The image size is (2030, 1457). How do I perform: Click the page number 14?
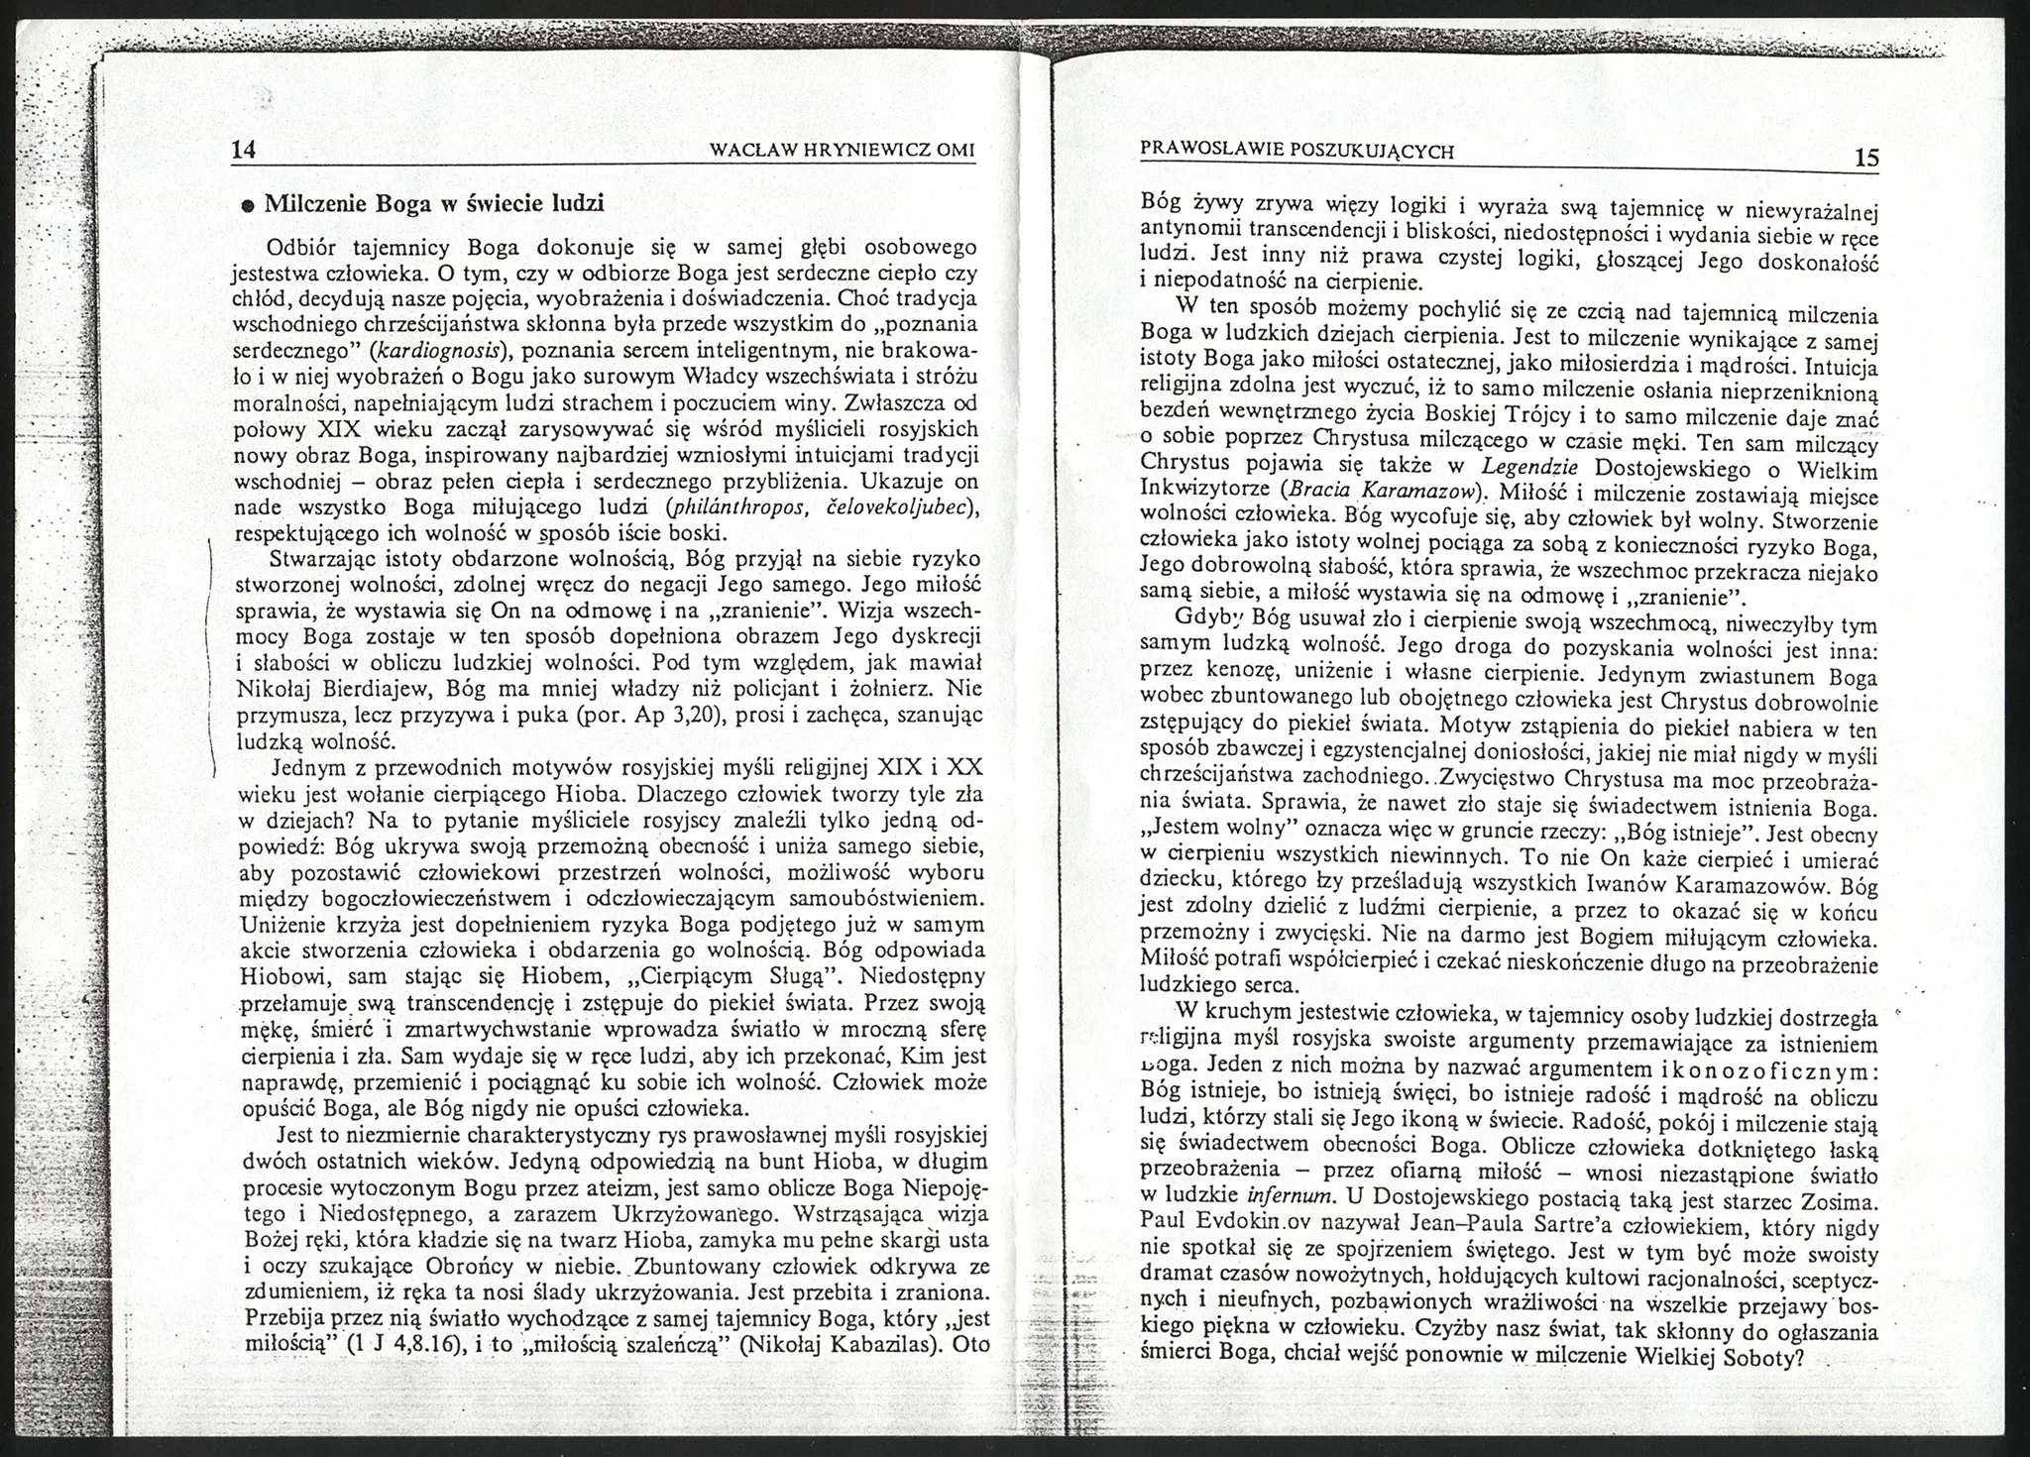[x=244, y=150]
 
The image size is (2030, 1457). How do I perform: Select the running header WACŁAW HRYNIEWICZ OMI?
[x=844, y=151]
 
